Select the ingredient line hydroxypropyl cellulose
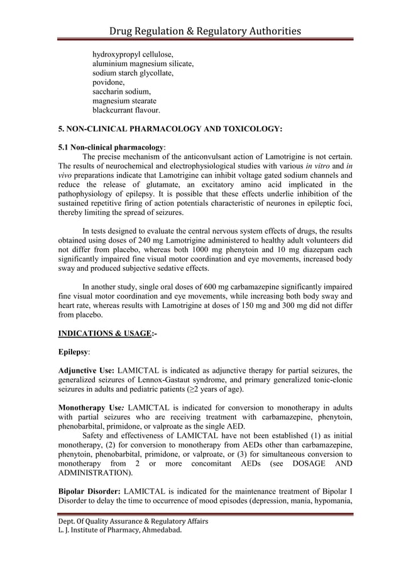133,55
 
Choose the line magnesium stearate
124,101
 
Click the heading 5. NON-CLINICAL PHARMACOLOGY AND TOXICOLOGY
170,129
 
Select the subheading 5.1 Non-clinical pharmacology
111,147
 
